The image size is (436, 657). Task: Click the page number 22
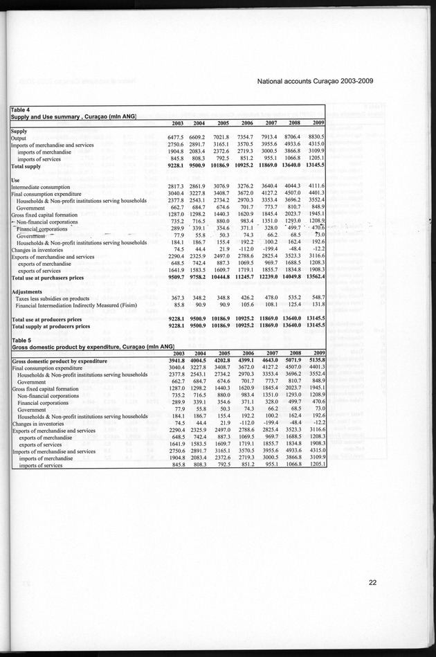pos(372,582)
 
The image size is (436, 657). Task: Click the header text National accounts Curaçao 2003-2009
pos(315,81)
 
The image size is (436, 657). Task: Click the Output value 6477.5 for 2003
pos(179,138)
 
